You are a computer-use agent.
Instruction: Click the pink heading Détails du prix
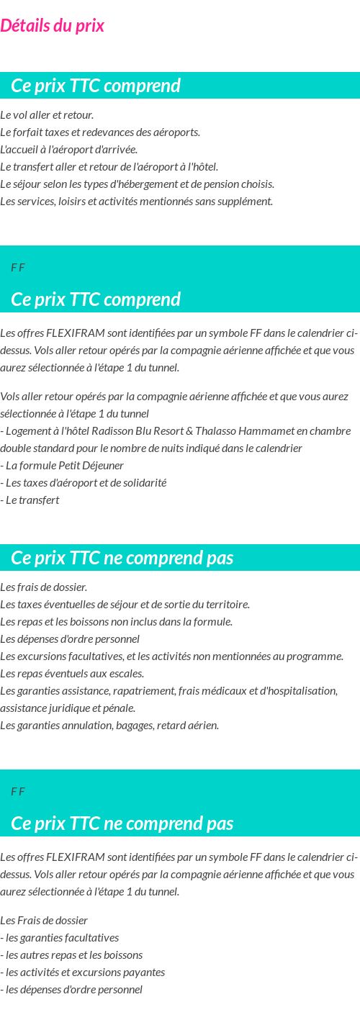[53, 26]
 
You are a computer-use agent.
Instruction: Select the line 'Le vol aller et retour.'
[47, 115]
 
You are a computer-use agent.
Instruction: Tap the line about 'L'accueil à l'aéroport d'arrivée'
[68, 150]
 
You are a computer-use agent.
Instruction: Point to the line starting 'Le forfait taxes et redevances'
[100, 132]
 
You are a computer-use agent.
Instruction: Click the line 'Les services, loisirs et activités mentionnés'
[136, 202]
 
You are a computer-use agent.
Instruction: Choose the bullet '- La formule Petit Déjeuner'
[62, 466]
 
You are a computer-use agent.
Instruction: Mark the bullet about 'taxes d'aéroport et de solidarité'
[84, 483]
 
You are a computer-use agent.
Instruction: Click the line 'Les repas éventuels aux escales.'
[72, 674]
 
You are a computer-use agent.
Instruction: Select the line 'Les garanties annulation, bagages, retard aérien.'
[109, 726]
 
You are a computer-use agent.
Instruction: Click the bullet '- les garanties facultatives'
[60, 938]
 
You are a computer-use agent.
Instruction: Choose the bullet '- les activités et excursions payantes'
[83, 972]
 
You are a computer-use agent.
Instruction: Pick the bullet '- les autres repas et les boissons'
[71, 955]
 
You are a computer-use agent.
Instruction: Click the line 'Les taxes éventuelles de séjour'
[125, 605]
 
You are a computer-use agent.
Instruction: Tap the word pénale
[120, 708]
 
